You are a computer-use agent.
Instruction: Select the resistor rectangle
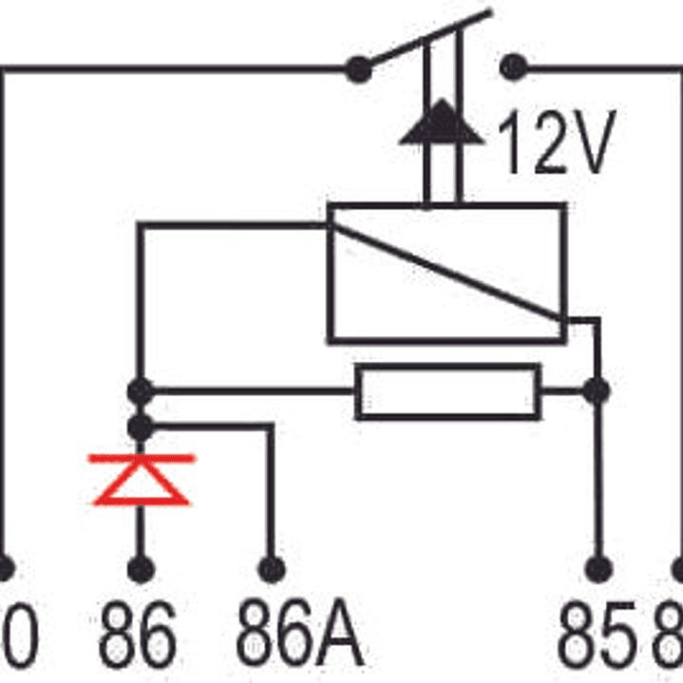(447, 391)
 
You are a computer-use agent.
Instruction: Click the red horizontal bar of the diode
(141, 458)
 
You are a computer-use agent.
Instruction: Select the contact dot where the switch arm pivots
(358, 68)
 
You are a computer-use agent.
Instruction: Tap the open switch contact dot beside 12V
(514, 67)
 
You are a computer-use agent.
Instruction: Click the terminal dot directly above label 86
(141, 568)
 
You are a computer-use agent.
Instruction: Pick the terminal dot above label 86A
(272, 568)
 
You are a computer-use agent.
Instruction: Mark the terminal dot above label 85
(598, 568)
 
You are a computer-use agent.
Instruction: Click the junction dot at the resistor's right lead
(597, 389)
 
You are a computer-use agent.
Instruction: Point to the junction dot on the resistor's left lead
(141, 389)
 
